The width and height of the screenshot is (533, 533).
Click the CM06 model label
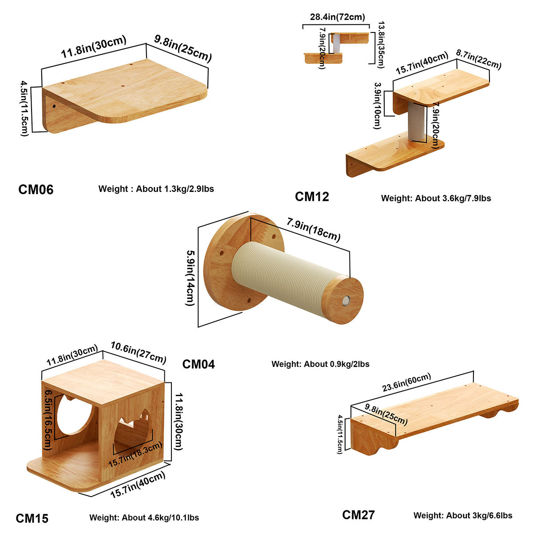[x=36, y=190]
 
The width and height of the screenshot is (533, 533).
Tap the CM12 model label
[x=312, y=197]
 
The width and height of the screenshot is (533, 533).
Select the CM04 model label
[x=198, y=364]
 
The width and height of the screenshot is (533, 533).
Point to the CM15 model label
[x=32, y=518]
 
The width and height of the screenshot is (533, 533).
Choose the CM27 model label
[x=358, y=515]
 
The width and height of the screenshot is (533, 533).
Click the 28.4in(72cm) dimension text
[x=338, y=17]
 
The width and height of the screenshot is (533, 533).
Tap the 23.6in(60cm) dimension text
[x=406, y=382]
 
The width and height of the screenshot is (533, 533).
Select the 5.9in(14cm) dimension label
[x=190, y=278]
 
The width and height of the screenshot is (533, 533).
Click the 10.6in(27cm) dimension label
[x=139, y=352]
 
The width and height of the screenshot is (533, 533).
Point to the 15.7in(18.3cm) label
[x=135, y=455]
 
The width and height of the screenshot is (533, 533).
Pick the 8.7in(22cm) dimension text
[x=478, y=60]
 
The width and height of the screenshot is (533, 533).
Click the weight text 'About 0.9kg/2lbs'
[x=337, y=364]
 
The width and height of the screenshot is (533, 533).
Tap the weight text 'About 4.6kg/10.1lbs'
[x=160, y=517]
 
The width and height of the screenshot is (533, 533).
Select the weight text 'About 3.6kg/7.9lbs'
[x=453, y=198]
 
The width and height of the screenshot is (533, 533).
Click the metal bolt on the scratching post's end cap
[x=346, y=301]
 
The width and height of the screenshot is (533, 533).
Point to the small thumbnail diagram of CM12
[x=337, y=48]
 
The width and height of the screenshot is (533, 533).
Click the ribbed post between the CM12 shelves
[x=416, y=121]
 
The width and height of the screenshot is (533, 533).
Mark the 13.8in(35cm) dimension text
[x=381, y=44]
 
